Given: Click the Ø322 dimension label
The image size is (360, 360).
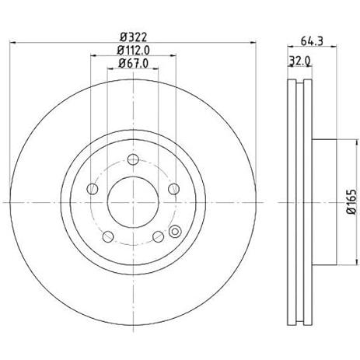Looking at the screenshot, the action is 133,37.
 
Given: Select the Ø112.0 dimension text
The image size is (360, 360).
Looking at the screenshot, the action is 133,51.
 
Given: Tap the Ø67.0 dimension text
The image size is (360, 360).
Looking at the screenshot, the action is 133,64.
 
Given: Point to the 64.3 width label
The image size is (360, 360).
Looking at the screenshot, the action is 312,41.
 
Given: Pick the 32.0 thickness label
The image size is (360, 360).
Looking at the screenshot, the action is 300,61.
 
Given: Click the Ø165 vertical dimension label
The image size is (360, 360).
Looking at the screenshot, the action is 351,202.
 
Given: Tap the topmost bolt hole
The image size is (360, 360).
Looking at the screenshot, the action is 133,159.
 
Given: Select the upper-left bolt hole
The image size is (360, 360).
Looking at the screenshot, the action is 92,189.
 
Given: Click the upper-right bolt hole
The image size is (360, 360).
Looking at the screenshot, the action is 173,189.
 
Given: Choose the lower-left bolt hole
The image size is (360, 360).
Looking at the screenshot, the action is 108,236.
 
